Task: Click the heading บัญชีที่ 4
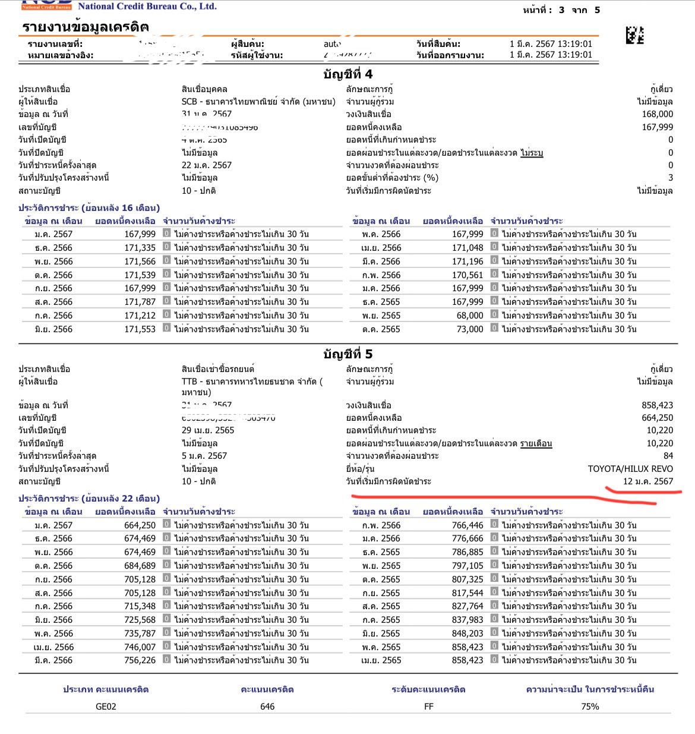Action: point(348,74)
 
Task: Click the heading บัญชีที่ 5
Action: point(348,354)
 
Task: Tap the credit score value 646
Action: point(267,706)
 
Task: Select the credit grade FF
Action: point(428,706)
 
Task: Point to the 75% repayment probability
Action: point(590,706)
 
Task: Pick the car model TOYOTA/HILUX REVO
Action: point(630,468)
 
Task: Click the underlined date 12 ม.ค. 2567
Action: point(648,481)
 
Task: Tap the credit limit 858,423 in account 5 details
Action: point(657,405)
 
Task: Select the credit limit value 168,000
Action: point(657,114)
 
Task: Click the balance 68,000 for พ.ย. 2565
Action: point(469,316)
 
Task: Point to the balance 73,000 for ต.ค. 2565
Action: point(469,329)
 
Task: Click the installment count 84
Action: point(668,456)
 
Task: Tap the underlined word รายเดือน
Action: point(536,443)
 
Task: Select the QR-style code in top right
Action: point(634,35)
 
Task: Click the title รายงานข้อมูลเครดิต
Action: point(86,27)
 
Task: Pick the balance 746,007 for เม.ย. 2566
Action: point(140,647)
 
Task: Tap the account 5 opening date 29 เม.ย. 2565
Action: point(208,430)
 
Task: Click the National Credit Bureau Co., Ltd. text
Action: point(147,7)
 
